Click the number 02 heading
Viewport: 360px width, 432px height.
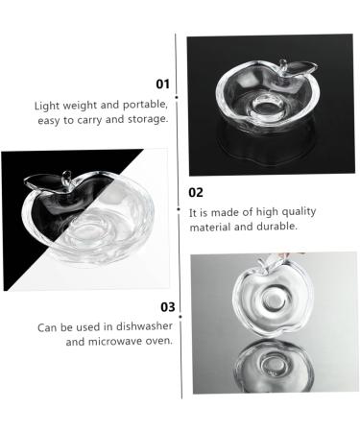point(196,192)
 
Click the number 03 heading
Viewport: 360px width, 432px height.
point(167,307)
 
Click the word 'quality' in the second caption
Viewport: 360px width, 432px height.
point(298,211)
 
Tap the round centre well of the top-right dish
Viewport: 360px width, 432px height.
point(272,102)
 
